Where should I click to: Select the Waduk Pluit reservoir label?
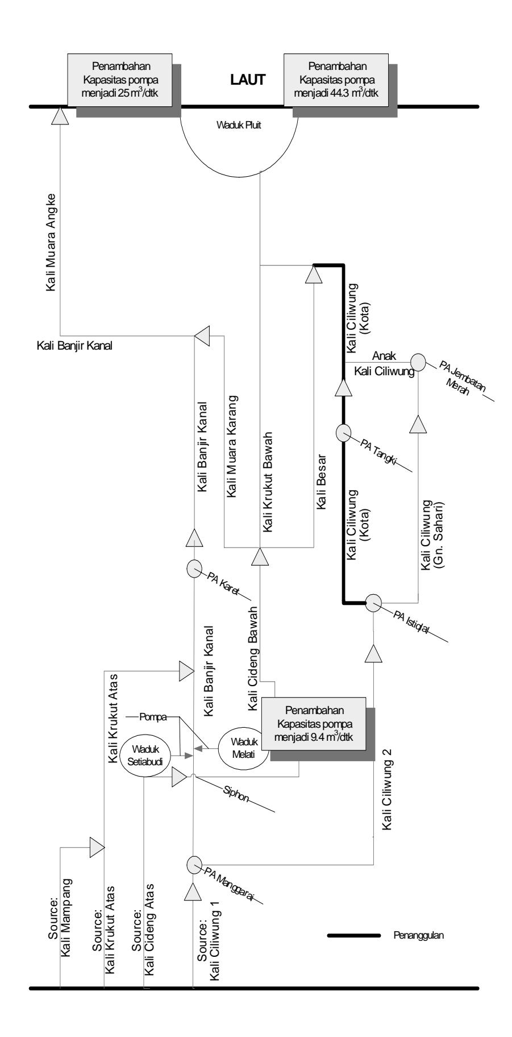(x=239, y=126)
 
